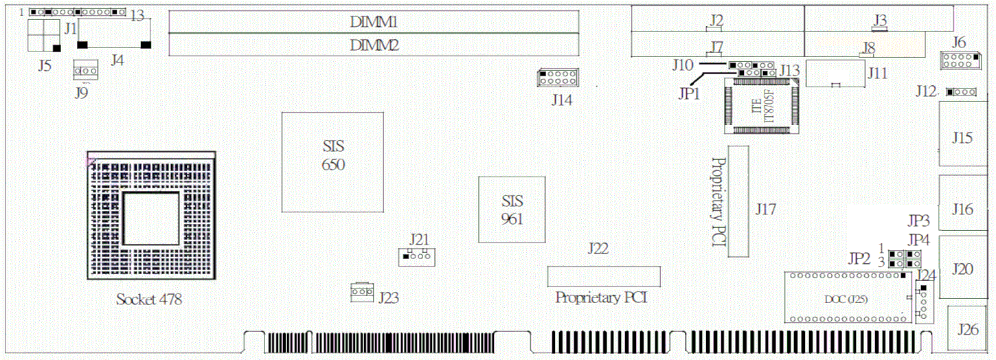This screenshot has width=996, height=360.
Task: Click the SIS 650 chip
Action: [332, 161]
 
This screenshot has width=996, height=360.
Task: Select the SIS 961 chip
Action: [512, 209]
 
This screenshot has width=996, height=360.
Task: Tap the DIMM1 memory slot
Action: [374, 22]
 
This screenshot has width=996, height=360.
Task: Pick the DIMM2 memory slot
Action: [374, 45]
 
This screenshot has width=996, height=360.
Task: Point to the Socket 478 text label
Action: [149, 300]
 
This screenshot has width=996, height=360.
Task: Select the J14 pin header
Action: [558, 77]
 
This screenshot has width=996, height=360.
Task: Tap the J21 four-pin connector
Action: [415, 257]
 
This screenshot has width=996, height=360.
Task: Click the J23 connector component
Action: [361, 292]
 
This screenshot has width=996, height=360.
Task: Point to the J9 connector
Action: [86, 70]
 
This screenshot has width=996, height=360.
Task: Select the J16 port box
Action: [963, 207]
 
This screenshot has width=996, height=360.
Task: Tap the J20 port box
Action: [963, 268]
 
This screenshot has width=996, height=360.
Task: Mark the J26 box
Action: [969, 330]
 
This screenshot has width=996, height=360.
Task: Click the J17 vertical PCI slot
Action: [738, 201]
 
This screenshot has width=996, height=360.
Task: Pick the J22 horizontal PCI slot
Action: [603, 276]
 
